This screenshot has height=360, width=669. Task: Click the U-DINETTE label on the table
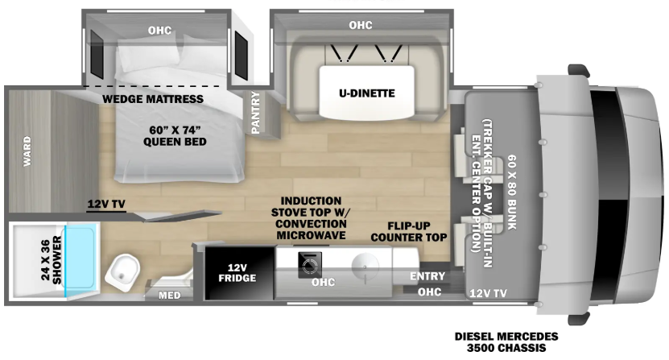pyautogui.click(x=367, y=93)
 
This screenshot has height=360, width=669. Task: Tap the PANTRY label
pyautogui.click(x=255, y=112)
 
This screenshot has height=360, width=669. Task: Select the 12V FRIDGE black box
pyautogui.click(x=239, y=273)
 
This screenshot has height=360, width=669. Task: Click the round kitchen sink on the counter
pyautogui.click(x=365, y=267)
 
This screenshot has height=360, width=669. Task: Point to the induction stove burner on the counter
pyautogui.click(x=310, y=265)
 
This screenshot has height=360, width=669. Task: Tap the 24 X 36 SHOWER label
pyautogui.click(x=52, y=260)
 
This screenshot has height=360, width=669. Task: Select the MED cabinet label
pyautogui.click(x=170, y=295)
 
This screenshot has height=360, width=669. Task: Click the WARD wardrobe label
pyautogui.click(x=27, y=151)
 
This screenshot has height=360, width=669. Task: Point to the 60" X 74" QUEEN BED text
pyautogui.click(x=175, y=136)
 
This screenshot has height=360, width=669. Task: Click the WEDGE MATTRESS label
pyautogui.click(x=153, y=99)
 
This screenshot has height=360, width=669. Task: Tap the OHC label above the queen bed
pyautogui.click(x=159, y=31)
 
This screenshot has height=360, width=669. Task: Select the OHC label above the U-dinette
pyautogui.click(x=361, y=25)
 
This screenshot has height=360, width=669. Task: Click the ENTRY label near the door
pyautogui.click(x=427, y=276)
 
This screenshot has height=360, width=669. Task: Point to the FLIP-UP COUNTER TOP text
pyautogui.click(x=409, y=232)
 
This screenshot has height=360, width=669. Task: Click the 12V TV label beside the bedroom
pyautogui.click(x=106, y=204)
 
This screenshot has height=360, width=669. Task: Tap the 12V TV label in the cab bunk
pyautogui.click(x=488, y=293)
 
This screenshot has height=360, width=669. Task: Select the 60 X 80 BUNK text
pyautogui.click(x=512, y=192)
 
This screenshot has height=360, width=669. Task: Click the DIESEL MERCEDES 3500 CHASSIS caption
pyautogui.click(x=506, y=342)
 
